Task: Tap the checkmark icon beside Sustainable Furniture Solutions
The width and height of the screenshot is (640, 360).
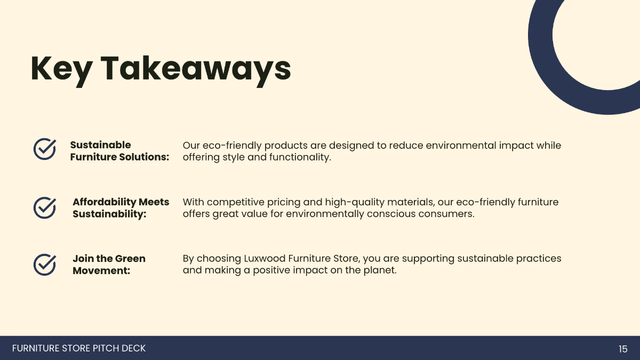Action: (45, 149)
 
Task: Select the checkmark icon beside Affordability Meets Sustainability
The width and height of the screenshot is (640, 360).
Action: (45, 207)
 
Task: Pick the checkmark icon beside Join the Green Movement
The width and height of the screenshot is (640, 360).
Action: (45, 264)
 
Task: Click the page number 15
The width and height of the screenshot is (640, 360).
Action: (623, 349)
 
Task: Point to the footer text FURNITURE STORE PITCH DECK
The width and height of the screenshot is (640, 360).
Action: (79, 348)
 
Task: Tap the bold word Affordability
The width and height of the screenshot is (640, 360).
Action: (104, 202)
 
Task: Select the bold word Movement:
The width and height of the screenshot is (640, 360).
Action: (101, 270)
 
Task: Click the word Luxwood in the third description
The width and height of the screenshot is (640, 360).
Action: (265, 259)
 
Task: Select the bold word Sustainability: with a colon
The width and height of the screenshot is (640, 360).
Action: (109, 214)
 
